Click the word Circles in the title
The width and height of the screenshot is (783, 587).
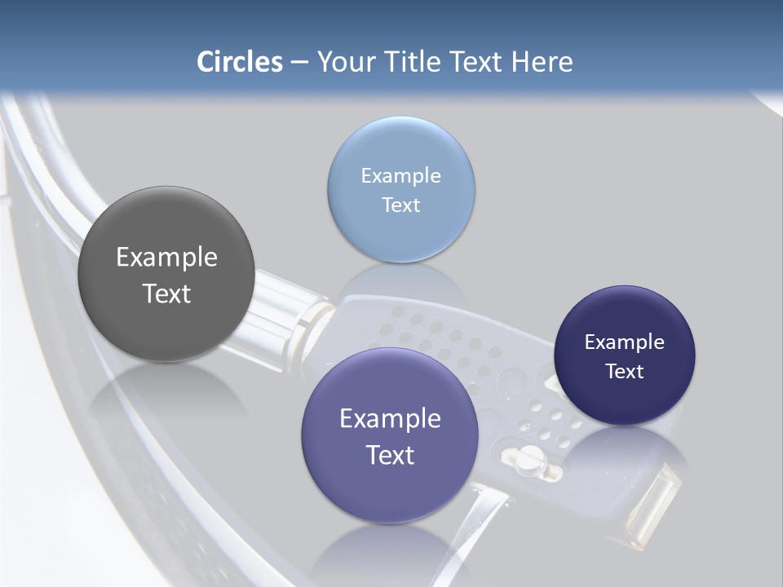[x=240, y=62]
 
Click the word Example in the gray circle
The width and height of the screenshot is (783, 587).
[x=166, y=258]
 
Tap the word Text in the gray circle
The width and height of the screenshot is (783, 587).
[x=166, y=293]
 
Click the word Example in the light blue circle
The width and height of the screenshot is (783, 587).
[x=401, y=176]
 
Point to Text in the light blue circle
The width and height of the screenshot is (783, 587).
[x=401, y=205]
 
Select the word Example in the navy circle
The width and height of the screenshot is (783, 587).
[x=625, y=342]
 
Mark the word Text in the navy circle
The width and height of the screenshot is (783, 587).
[x=625, y=372]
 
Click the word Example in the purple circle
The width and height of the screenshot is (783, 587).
[x=390, y=419]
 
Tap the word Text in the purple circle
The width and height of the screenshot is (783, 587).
[x=390, y=455]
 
